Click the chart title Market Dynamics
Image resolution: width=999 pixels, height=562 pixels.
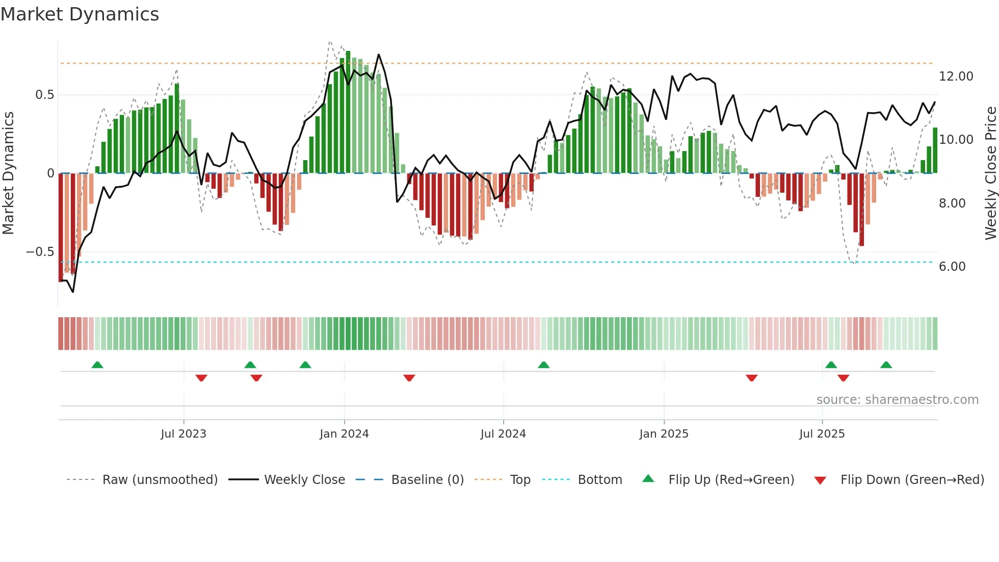pyautogui.click(x=80, y=14)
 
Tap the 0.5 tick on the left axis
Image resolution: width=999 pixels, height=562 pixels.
pyautogui.click(x=44, y=95)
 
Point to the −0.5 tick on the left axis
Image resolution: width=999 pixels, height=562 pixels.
pyautogui.click(x=40, y=252)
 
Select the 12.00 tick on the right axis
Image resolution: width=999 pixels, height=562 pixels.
pyautogui.click(x=956, y=76)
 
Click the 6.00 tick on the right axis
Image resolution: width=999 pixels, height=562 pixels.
pyautogui.click(x=952, y=267)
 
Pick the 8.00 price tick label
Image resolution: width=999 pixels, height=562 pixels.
pyautogui.click(x=952, y=203)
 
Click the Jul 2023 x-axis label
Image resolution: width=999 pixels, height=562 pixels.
pyautogui.click(x=183, y=434)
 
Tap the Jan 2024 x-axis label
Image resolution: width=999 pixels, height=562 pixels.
pyautogui.click(x=344, y=434)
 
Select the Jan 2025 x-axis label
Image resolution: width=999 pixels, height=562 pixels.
pyautogui.click(x=664, y=434)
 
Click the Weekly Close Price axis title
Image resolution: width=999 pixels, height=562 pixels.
pyautogui.click(x=990, y=173)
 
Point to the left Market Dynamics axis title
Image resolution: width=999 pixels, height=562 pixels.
pyautogui.click(x=8, y=173)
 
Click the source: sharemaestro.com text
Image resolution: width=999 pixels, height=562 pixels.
pyautogui.click(x=897, y=400)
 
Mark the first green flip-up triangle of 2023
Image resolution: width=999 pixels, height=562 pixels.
pyautogui.click(x=97, y=365)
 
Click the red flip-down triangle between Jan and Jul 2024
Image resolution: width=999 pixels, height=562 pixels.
pyautogui.click(x=409, y=378)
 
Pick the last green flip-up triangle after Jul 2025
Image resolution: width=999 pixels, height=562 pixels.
pyautogui.click(x=886, y=365)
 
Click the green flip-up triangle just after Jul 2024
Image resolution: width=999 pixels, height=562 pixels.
pyautogui.click(x=543, y=365)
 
